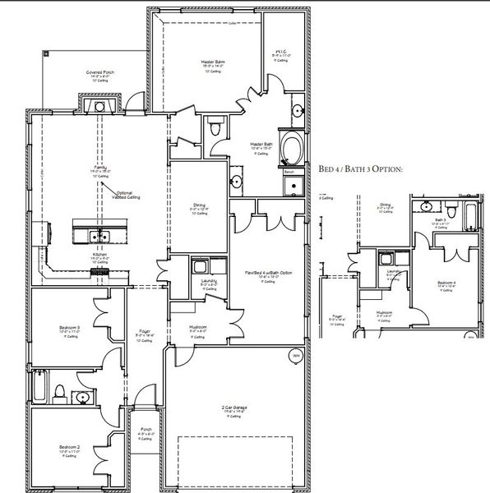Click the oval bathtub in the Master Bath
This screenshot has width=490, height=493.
[x=291, y=150]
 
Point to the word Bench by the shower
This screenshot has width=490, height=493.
[x=289, y=173]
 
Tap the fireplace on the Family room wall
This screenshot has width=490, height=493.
[x=99, y=106]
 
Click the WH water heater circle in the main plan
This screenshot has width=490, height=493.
[x=294, y=355]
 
